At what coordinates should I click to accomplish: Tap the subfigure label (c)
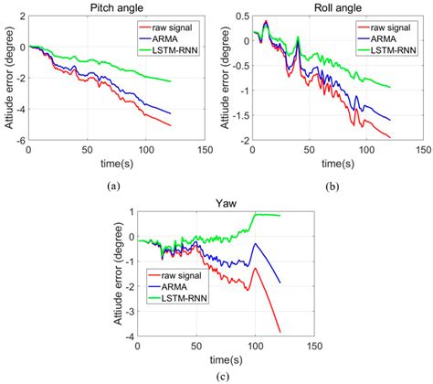(x=224, y=377)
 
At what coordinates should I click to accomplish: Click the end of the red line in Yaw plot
(x=280, y=332)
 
